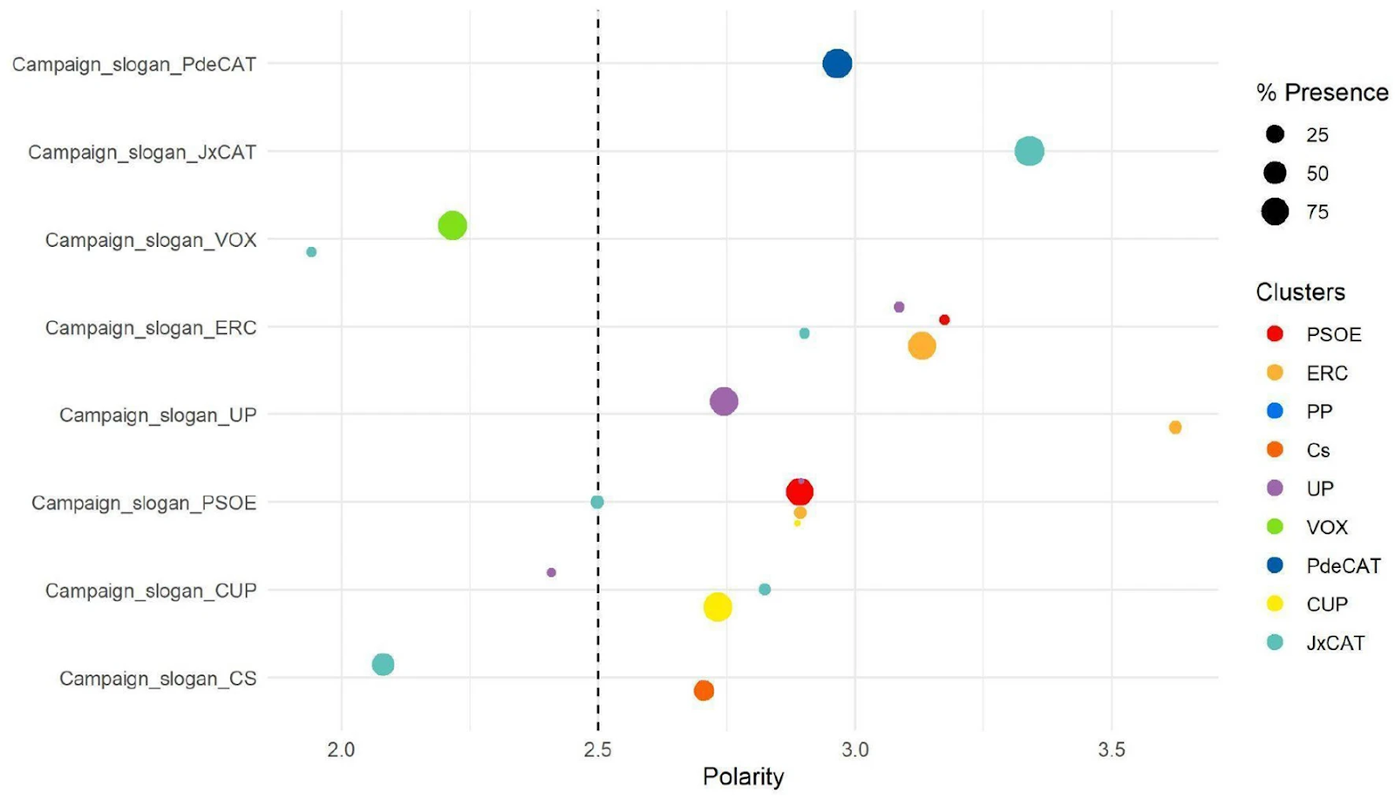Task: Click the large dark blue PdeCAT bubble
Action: pos(837,64)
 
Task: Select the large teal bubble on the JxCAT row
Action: pos(1029,151)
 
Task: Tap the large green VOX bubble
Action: pos(452,226)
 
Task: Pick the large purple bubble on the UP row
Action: pos(724,401)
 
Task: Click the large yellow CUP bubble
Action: pos(717,607)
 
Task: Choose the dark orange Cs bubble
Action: pos(704,691)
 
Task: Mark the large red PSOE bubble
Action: pos(800,492)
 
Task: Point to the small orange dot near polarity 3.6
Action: pos(1175,427)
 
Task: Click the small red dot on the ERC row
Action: pos(944,320)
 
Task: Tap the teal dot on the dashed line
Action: pos(597,502)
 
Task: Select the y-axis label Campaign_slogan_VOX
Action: pos(151,240)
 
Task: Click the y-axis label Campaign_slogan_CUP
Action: pos(151,591)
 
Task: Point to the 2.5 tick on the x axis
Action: pos(597,749)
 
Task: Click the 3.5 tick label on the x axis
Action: pos(1112,749)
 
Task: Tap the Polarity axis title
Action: pos(743,776)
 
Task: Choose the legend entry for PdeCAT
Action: pos(1343,566)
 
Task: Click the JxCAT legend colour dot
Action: pos(1275,643)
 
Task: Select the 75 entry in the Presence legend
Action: pos(1317,212)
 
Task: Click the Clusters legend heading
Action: pos(1300,292)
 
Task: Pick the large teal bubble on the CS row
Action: pos(383,665)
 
